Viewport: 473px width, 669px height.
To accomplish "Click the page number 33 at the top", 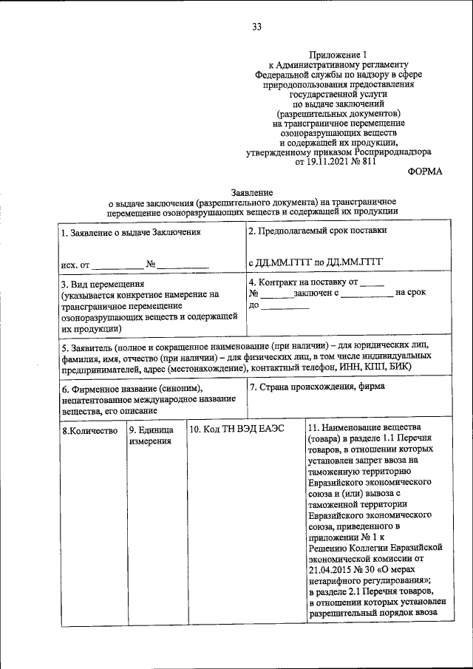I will [256, 28].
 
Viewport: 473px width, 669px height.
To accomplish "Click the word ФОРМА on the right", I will [425, 172].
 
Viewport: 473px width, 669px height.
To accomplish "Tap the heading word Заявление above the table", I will [251, 192].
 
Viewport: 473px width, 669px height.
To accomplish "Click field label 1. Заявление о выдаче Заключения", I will [131, 232].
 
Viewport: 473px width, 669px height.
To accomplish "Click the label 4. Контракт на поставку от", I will [307, 282].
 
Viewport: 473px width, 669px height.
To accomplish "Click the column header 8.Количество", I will [89, 430].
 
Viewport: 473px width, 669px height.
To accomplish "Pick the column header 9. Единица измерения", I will [152, 435].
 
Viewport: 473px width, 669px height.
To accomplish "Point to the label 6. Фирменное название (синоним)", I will [132, 389].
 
